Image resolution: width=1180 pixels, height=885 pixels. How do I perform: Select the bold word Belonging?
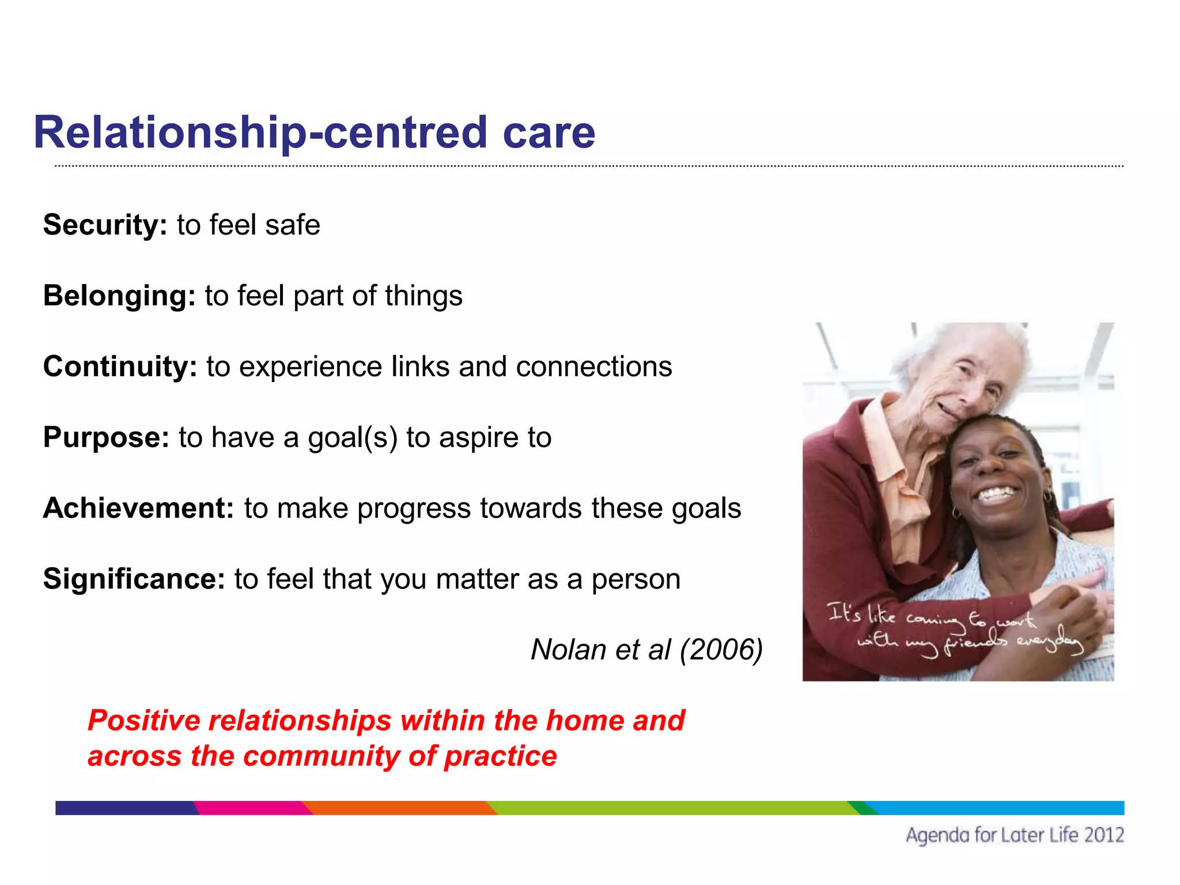click(x=119, y=296)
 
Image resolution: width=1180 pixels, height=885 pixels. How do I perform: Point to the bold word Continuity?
click(x=120, y=366)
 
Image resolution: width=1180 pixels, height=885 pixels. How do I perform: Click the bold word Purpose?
click(x=106, y=437)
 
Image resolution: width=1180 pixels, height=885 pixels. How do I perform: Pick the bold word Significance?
click(x=134, y=579)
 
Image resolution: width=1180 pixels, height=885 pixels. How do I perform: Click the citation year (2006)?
click(x=721, y=650)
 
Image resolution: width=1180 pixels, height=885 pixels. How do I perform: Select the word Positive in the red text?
click(x=144, y=721)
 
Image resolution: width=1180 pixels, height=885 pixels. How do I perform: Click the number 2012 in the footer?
click(x=1103, y=835)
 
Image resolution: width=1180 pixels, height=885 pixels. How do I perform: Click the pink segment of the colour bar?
click(x=251, y=808)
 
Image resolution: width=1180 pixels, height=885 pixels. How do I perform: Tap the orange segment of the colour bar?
click(x=398, y=808)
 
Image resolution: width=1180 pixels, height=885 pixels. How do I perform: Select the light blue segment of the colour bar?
click(x=997, y=808)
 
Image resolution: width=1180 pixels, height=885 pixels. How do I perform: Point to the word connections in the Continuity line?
click(x=593, y=366)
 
